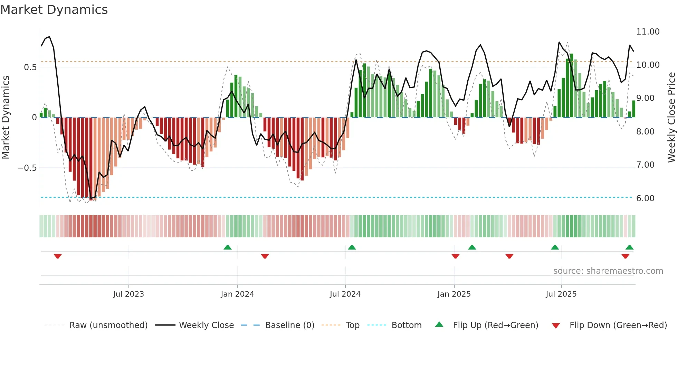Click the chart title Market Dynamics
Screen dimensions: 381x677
54,10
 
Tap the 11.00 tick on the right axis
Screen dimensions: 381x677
648,32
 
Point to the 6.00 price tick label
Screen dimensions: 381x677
645,198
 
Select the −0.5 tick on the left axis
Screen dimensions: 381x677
27,168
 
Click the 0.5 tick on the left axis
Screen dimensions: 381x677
30,67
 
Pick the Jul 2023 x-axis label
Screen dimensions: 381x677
128,294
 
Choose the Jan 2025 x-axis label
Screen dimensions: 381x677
454,294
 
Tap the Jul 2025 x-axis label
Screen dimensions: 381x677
561,294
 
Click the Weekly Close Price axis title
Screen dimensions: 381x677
671,117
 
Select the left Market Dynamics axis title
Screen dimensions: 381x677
6,117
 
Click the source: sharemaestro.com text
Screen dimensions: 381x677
608,271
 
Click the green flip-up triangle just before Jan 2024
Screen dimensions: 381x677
227,247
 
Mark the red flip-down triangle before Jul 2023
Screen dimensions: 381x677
58,256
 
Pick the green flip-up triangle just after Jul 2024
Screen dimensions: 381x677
352,247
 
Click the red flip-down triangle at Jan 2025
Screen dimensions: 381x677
455,256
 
